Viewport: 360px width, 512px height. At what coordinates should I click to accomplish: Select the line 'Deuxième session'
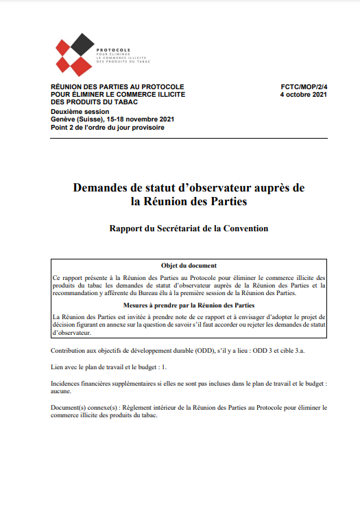80,111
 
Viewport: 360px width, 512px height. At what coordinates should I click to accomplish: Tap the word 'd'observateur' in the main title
229,187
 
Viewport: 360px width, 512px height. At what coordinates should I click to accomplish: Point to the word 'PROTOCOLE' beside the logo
114,51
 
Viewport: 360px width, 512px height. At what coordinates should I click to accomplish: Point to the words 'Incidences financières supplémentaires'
110,384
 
